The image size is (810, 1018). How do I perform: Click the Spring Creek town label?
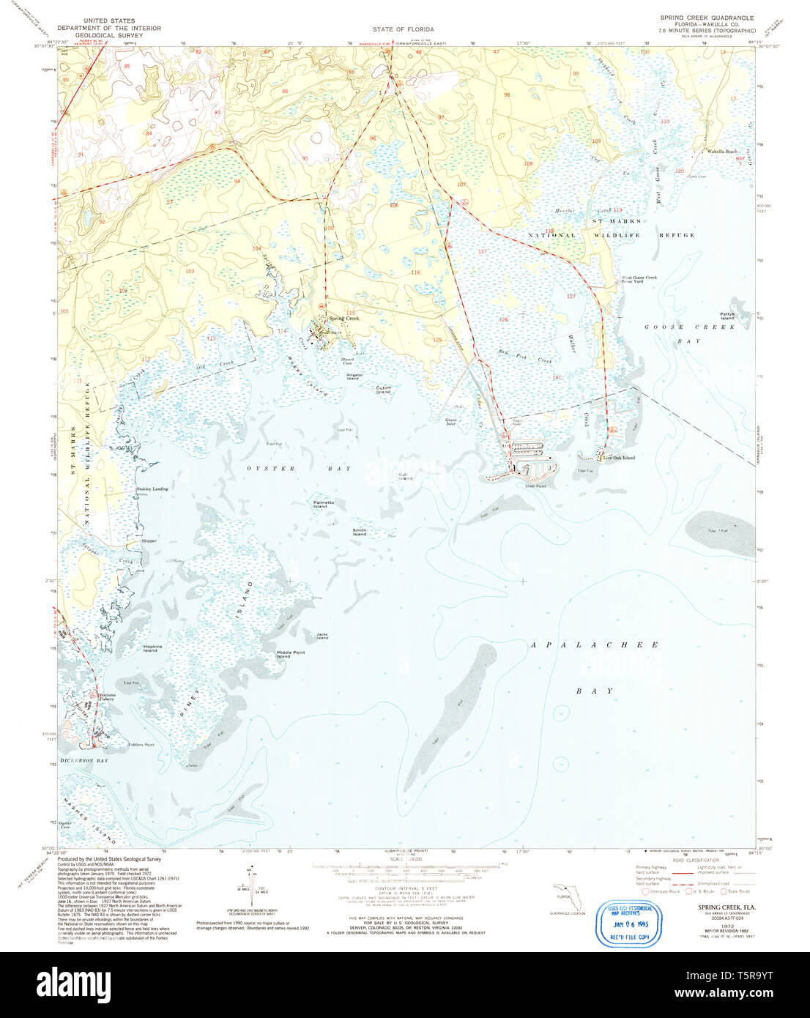tap(343, 319)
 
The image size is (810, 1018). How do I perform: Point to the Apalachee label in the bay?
tap(594, 644)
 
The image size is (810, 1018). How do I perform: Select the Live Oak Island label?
tap(618, 458)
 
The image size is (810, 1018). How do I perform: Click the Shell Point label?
tap(535, 486)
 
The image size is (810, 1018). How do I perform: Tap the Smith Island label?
tap(359, 532)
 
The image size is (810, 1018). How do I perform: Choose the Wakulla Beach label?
tap(721, 151)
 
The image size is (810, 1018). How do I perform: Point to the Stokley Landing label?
tap(152, 488)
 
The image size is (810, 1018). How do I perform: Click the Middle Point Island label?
tap(291, 654)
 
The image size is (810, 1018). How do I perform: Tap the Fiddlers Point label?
tap(141, 745)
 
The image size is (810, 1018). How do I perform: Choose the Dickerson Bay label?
tap(84, 761)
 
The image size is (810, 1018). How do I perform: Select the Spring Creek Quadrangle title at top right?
tap(707, 18)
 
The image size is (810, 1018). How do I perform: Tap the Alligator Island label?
tap(354, 376)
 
